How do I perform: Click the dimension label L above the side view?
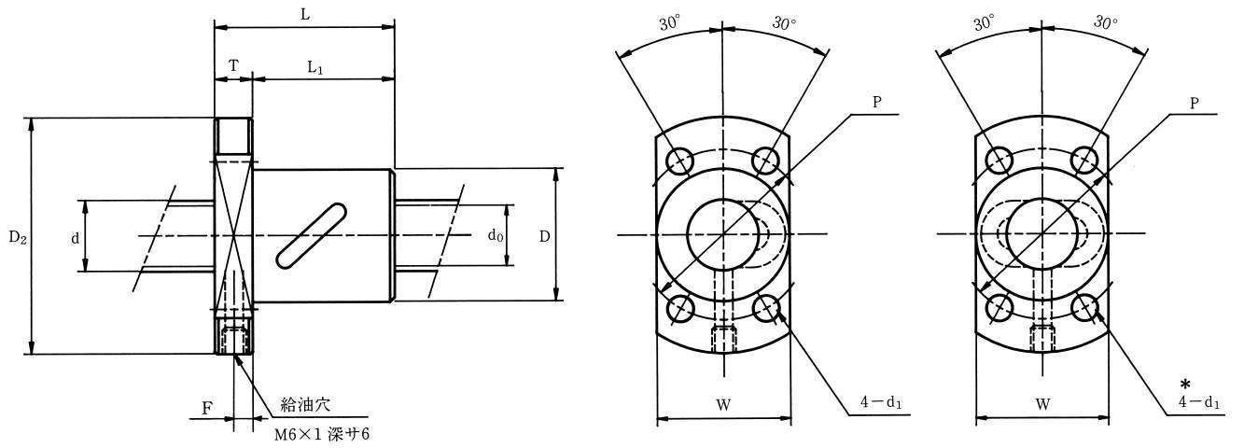pyautogui.click(x=305, y=14)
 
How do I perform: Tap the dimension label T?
pyautogui.click(x=234, y=66)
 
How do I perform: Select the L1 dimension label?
pyautogui.click(x=315, y=68)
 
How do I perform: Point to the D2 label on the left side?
pyautogui.click(x=17, y=238)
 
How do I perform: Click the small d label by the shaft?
pyautogui.click(x=75, y=238)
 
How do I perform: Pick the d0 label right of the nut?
pyautogui.click(x=496, y=236)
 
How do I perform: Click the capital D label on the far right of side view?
pyautogui.click(x=544, y=236)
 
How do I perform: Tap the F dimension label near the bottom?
pyautogui.click(x=206, y=409)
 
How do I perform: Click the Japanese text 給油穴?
pyautogui.click(x=305, y=404)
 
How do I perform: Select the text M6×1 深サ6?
pyautogui.click(x=322, y=434)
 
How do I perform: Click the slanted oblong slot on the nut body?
pyautogui.click(x=311, y=236)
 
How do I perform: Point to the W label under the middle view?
pyautogui.click(x=723, y=405)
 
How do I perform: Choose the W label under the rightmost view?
pyautogui.click(x=1042, y=404)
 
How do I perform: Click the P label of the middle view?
pyautogui.click(x=877, y=103)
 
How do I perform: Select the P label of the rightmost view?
pyautogui.click(x=1195, y=104)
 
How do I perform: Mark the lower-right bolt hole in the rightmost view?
pyautogui.click(x=1085, y=308)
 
